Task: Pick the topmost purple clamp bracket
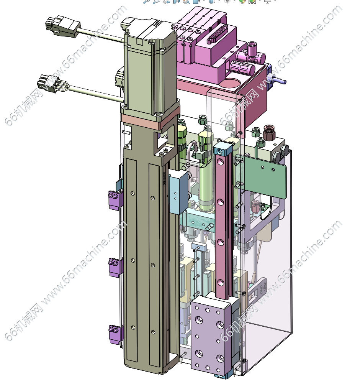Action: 115,199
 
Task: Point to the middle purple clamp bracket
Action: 116,266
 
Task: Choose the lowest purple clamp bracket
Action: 116,334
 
